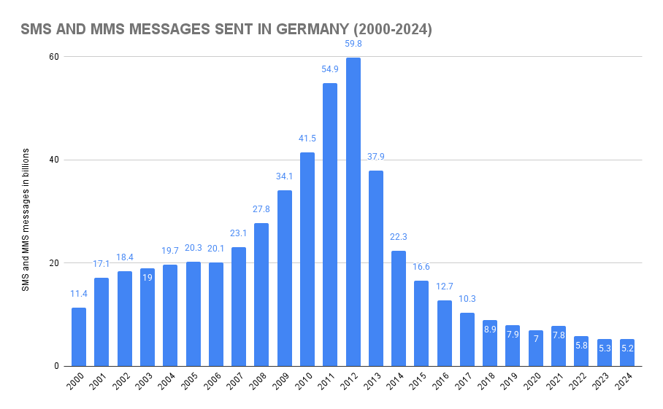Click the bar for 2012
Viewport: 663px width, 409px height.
[353, 211]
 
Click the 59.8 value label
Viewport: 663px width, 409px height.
[353, 44]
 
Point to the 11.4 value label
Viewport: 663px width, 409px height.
[79, 294]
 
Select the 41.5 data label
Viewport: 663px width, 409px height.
[307, 139]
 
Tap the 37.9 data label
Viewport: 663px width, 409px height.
[375, 157]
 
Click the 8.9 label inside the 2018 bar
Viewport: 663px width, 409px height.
[490, 330]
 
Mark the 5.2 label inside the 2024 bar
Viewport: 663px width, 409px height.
[627, 348]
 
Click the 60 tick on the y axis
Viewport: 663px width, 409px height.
[55, 56]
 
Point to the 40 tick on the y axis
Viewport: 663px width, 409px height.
[55, 160]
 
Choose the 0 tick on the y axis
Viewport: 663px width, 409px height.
[57, 366]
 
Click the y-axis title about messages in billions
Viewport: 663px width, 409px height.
[26, 219]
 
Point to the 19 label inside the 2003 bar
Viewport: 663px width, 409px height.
[147, 278]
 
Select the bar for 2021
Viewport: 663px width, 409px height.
[559, 346]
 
